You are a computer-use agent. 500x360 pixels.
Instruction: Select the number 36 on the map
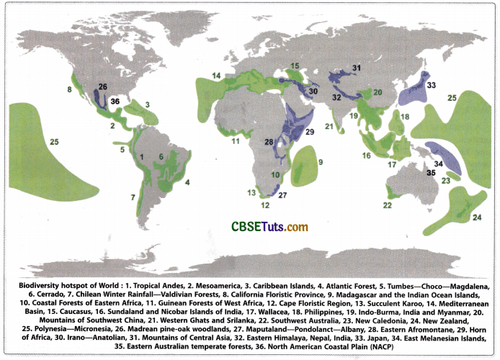[115, 102]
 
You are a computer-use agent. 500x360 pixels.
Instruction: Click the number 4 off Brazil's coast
[187, 183]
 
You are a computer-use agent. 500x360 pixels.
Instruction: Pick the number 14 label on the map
[216, 75]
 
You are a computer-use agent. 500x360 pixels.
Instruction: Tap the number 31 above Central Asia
[355, 68]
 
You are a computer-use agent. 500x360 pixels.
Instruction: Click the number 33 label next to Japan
[432, 86]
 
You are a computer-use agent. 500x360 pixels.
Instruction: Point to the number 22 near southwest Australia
[387, 205]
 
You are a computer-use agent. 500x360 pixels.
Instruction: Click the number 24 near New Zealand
[476, 217]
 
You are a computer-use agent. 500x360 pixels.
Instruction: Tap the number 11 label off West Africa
[235, 142]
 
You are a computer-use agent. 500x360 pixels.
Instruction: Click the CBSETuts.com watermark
[269, 227]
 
